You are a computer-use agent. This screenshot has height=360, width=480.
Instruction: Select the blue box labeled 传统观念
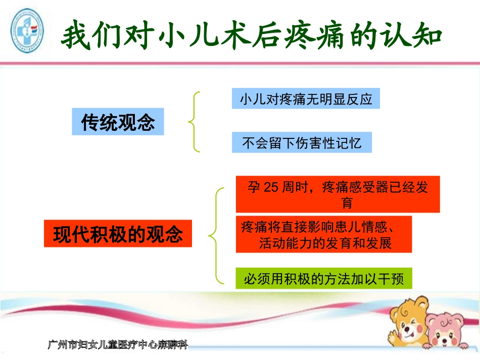pos(118,122)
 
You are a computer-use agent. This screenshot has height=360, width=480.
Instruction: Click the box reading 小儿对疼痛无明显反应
pos(306,99)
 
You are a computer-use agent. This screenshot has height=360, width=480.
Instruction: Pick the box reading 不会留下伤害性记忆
pos(302,143)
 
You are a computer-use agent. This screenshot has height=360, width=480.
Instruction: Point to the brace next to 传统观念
pos(194,122)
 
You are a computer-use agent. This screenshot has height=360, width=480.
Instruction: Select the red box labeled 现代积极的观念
pos(118,234)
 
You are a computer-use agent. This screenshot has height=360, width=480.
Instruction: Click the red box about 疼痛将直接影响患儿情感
pos(323,234)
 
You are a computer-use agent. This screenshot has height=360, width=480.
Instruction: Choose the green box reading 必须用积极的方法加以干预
pos(323,278)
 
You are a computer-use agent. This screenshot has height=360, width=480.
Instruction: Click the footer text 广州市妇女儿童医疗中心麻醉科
pos(117,345)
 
